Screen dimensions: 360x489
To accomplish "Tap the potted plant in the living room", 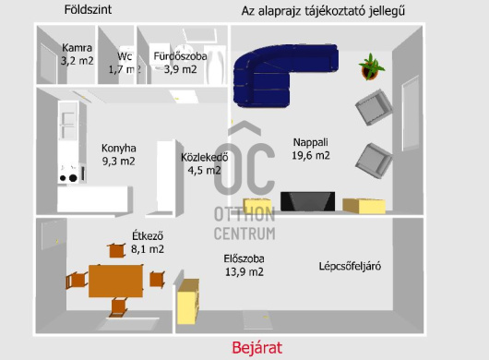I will point(372,67).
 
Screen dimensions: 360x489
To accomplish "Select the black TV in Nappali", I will point(308,202).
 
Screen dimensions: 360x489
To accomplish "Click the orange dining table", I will point(117,278).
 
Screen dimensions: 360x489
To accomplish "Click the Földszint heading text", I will point(89,11).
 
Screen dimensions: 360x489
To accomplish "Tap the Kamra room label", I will point(77,48).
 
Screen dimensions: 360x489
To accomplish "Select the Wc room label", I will point(125,55).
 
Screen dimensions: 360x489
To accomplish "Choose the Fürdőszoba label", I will point(179,55).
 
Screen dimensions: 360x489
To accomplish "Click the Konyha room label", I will point(119,148).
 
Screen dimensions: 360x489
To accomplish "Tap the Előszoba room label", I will point(244,258).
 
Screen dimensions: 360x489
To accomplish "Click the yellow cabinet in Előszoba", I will point(187,301).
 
